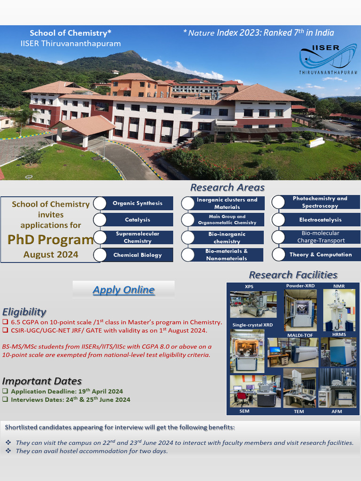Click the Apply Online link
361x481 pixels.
(x=123, y=290)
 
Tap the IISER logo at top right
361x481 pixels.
(x=328, y=59)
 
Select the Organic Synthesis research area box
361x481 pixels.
(x=137, y=203)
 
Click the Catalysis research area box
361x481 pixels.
(x=137, y=220)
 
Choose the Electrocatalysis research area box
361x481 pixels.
(x=321, y=220)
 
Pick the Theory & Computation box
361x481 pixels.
(x=321, y=255)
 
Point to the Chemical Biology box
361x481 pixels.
(x=137, y=255)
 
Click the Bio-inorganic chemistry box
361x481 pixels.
(x=227, y=238)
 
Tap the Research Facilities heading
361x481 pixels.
(x=293, y=275)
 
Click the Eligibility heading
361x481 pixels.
(x=24, y=311)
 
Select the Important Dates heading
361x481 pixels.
(x=42, y=381)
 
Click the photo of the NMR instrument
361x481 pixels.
(x=339, y=310)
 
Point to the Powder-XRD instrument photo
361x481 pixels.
(x=300, y=309)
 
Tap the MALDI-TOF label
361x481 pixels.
(x=300, y=335)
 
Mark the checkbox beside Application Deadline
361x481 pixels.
(x=5, y=391)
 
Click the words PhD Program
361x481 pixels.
(x=50, y=240)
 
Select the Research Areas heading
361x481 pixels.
(x=227, y=187)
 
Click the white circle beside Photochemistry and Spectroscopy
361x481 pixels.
(x=278, y=202)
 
